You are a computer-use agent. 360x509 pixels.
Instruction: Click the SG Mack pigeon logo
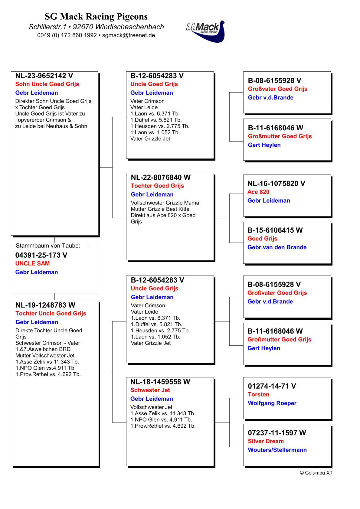tap(206, 31)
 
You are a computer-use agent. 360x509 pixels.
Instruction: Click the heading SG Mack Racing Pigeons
tap(96, 16)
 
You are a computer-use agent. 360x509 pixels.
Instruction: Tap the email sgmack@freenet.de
tap(129, 35)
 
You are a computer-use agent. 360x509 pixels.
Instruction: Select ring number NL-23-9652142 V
tap(44, 76)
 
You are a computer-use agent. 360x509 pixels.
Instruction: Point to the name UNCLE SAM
tap(32, 263)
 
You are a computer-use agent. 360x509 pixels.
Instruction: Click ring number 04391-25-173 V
tap(41, 255)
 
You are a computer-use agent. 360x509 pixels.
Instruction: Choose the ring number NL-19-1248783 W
tap(45, 305)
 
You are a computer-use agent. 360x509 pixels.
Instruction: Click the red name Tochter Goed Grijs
tap(157, 186)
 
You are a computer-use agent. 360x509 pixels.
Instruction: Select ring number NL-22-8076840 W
tap(161, 178)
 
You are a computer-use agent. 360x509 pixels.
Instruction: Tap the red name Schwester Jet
tap(150, 390)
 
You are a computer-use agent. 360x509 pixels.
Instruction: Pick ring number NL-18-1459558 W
tap(160, 382)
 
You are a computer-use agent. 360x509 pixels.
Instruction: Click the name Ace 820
tap(258, 192)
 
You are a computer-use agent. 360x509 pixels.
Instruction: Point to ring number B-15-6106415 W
tap(275, 230)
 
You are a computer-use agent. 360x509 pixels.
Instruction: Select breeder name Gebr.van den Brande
tap(277, 247)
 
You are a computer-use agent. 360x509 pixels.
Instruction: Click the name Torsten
tap(258, 394)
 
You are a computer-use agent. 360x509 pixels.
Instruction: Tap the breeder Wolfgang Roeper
tap(272, 403)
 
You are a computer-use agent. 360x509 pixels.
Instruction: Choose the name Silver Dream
tap(266, 441)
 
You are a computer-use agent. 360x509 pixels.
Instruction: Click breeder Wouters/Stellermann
tap(277, 450)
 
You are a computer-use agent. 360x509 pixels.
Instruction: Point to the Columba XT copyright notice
tap(316, 473)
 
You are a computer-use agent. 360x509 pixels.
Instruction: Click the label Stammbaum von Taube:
tap(48, 246)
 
